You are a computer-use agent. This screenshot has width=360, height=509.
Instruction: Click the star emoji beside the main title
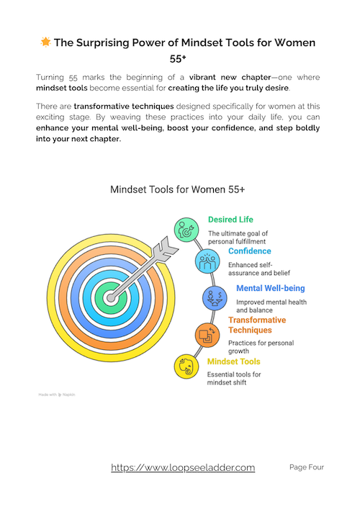[45, 43]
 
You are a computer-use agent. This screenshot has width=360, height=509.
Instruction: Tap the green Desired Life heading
[230, 220]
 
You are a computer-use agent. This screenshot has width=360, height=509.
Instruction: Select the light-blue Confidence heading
[250, 251]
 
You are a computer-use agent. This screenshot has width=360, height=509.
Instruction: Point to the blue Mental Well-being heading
[270, 288]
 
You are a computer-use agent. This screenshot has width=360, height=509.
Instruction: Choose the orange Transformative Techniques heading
[257, 325]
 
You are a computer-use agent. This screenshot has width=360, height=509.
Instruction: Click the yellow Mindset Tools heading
[234, 361]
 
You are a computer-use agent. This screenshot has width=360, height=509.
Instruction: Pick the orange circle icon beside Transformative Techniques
[207, 333]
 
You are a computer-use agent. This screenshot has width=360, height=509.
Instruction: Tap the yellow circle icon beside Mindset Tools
[186, 366]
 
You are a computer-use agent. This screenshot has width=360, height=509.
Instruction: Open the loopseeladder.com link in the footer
[183, 468]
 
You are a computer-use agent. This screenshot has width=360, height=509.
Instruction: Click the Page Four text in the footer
[307, 467]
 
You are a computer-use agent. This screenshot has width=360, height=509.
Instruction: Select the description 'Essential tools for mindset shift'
[235, 379]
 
